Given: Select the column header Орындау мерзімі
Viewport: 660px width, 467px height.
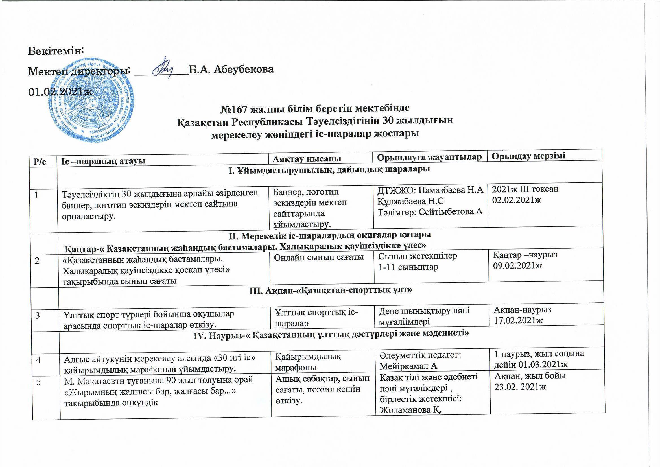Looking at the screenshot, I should coord(528,156).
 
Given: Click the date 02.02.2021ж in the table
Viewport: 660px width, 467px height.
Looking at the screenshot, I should coord(517,200).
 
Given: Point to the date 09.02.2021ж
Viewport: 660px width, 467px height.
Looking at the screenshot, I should coord(517,265).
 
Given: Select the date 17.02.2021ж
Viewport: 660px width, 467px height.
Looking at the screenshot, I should coord(518,320).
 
